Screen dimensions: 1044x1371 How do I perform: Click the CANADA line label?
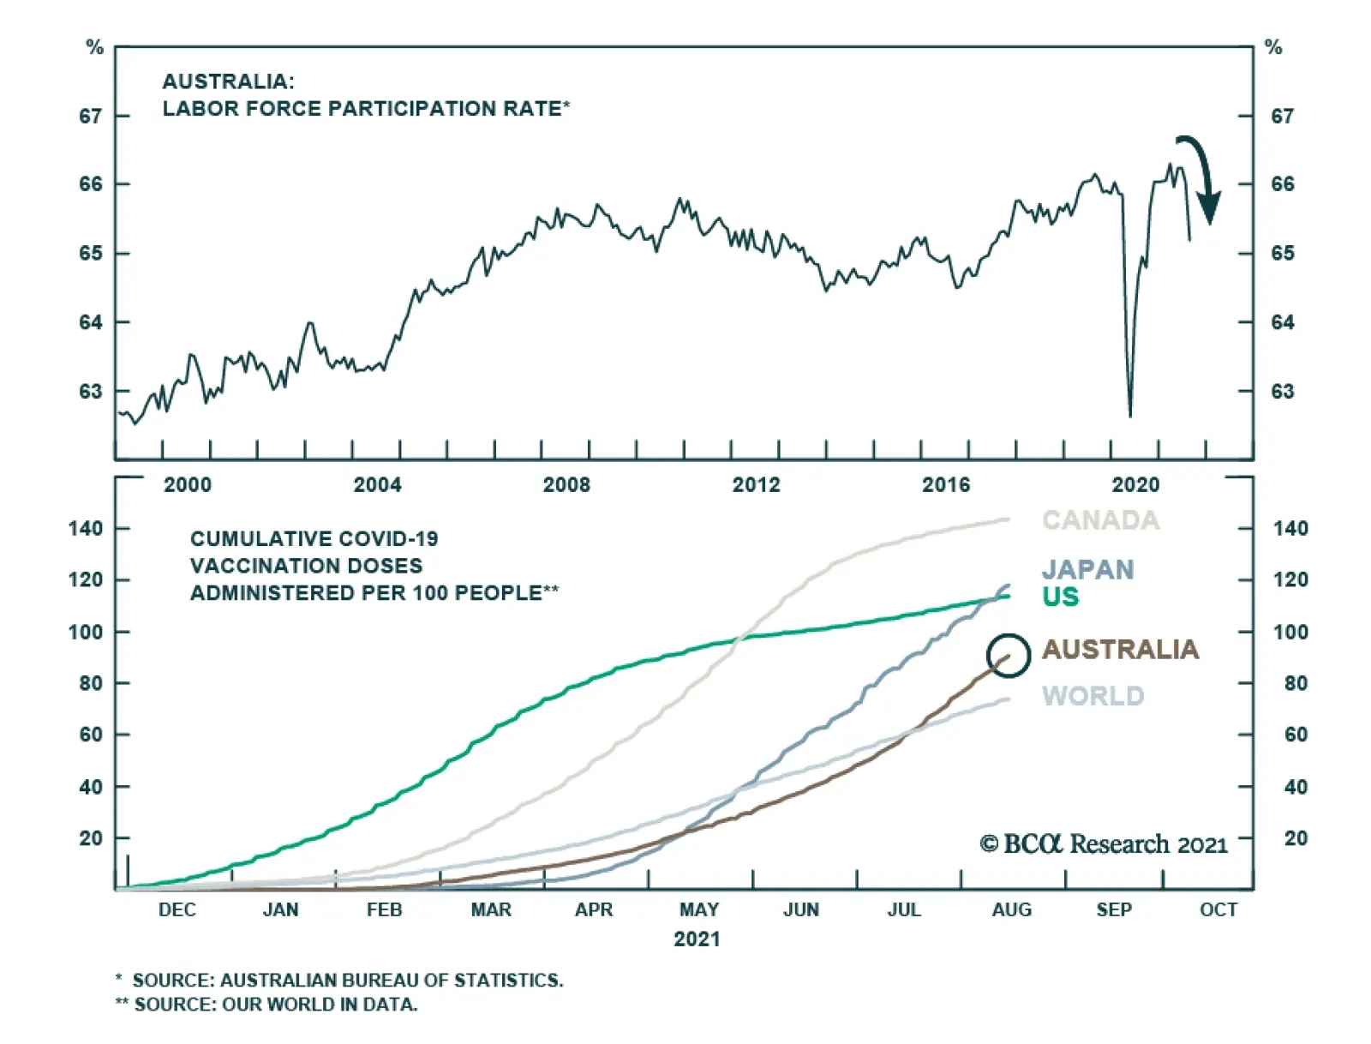[x=1100, y=520]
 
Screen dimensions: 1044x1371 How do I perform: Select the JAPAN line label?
[x=1087, y=570]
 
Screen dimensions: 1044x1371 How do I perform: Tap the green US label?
[x=1060, y=597]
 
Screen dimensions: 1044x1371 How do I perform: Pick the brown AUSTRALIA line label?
[x=1120, y=650]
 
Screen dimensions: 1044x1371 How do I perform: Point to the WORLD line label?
[x=1093, y=696]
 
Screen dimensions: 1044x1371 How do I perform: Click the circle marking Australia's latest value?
[x=1008, y=656]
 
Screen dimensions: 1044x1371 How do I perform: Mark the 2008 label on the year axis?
[x=566, y=485]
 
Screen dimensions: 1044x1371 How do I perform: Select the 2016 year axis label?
[x=945, y=485]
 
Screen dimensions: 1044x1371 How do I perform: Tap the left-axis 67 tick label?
[x=91, y=116]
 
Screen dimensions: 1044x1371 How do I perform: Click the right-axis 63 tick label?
[x=1282, y=392]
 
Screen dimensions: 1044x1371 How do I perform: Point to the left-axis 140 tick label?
[x=86, y=528]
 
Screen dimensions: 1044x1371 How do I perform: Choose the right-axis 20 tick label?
[x=1296, y=838]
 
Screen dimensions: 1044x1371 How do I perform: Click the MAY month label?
[x=698, y=909]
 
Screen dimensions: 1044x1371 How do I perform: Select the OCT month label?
[x=1218, y=909]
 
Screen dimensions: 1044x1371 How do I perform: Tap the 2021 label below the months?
[x=697, y=939]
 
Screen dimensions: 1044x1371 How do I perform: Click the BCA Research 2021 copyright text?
[x=1104, y=845]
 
